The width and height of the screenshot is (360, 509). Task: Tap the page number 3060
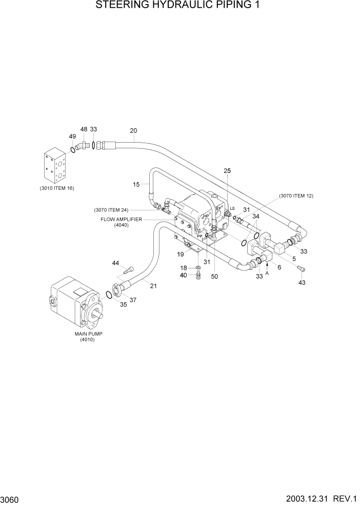[x=10, y=499]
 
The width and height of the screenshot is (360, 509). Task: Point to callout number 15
[x=136, y=184]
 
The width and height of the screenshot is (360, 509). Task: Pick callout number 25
[x=228, y=170]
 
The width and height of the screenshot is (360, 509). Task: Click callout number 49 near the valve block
[x=72, y=136]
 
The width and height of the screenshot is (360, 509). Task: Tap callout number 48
[x=84, y=130]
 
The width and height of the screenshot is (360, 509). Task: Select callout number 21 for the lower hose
[x=153, y=286]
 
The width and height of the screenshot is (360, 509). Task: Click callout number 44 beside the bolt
[x=116, y=263]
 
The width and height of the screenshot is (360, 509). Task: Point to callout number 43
[x=302, y=283]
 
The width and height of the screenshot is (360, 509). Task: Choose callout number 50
[x=214, y=276]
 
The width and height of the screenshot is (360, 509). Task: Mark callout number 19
[x=181, y=254]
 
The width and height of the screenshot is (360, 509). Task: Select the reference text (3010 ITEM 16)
[x=56, y=188]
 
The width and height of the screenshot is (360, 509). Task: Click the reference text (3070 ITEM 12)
[x=296, y=195]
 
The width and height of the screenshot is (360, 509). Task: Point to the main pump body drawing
[x=77, y=303]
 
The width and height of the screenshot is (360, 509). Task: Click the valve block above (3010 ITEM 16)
[x=55, y=165]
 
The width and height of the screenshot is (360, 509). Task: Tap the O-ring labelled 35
[x=109, y=295]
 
